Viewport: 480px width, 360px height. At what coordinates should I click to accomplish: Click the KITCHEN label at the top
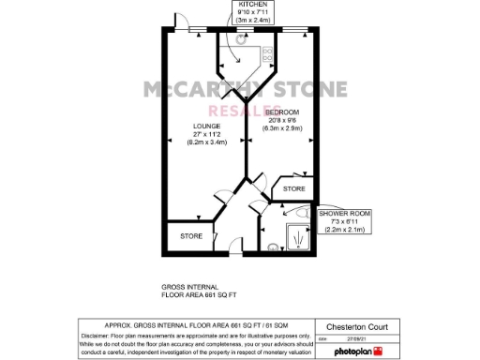[x=241, y=5]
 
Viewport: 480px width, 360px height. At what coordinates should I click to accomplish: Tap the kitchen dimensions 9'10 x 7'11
[x=241, y=12]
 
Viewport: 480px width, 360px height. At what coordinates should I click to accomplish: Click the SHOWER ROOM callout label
[x=345, y=214]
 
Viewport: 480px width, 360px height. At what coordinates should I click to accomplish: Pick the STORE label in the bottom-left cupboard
[x=191, y=236]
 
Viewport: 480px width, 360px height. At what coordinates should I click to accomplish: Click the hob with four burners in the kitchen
[x=267, y=54]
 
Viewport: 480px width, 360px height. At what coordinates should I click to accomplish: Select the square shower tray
[x=297, y=237]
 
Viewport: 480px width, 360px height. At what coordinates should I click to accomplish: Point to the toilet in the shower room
[x=274, y=246]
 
